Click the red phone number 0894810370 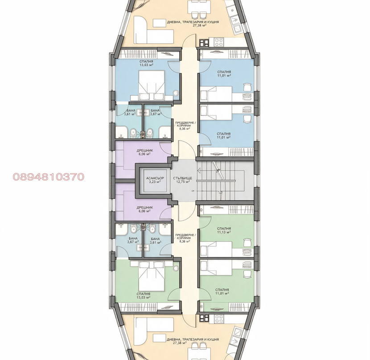pos(49,177)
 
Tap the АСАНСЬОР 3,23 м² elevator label pos(155,180)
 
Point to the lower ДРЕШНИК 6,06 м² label pos(144,209)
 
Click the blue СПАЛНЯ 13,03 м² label pos(146,63)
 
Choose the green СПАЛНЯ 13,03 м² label pos(144,296)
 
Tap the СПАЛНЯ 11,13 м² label pos(224,230)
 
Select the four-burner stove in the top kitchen pos(219,42)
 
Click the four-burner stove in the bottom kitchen pos(219,319)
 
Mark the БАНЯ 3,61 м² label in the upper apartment pos(131,112)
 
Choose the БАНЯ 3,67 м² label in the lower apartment pos(133,240)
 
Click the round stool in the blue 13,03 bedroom pos(176,93)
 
